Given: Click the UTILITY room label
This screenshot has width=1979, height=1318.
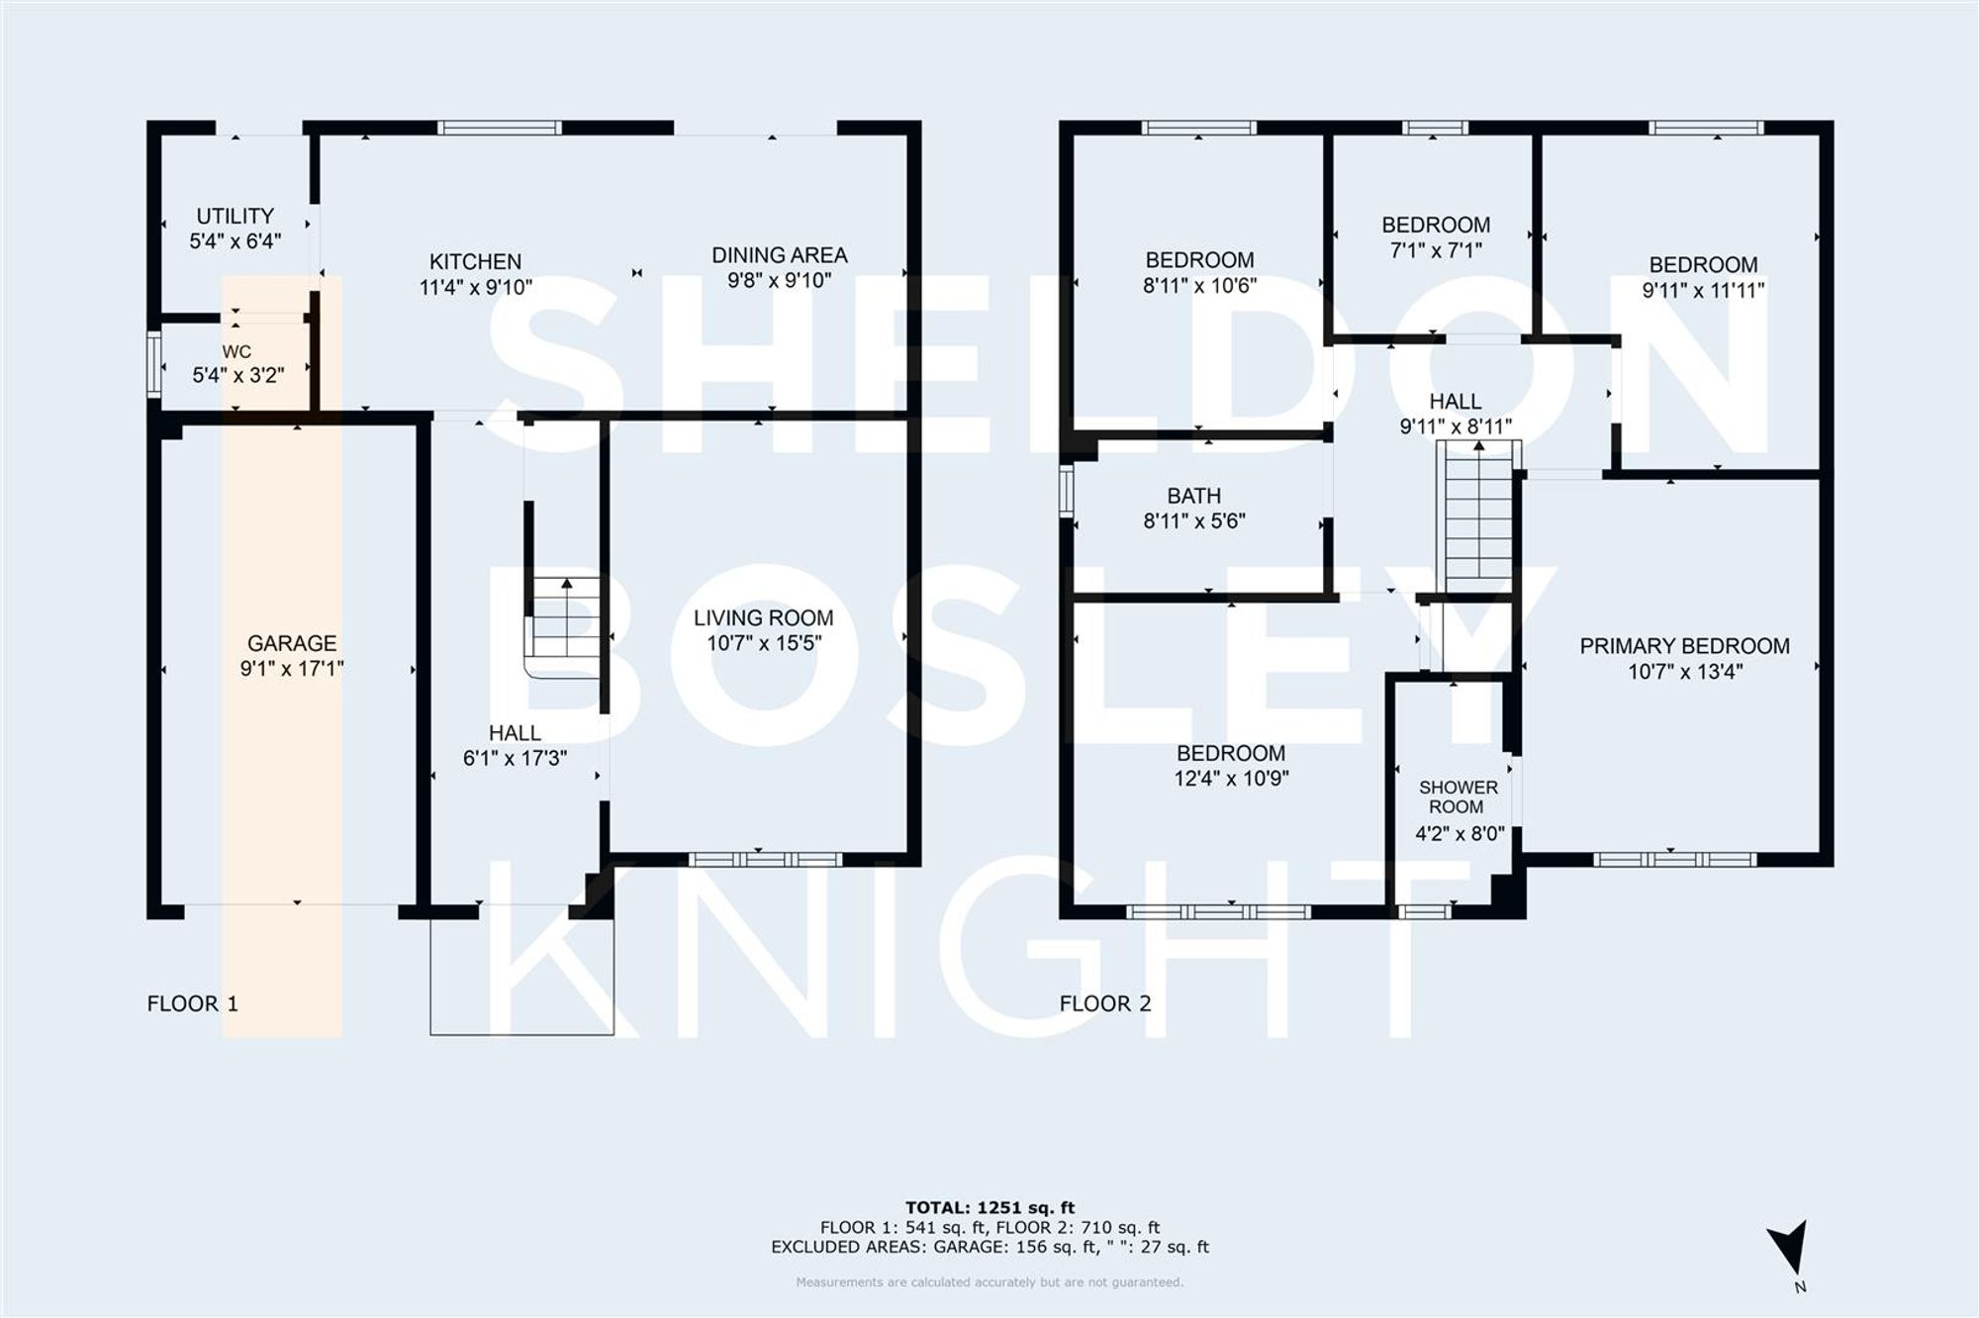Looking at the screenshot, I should (235, 216).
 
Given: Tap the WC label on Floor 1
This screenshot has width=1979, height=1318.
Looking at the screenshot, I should (236, 352).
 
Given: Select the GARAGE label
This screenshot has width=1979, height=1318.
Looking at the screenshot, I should (292, 643).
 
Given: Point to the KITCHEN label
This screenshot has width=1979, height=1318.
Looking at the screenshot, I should (475, 262).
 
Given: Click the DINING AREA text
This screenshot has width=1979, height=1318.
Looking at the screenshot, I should (780, 255).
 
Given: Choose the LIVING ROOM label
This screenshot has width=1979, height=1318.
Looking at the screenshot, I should (763, 618).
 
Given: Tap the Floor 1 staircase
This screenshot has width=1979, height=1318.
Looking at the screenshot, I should (566, 618).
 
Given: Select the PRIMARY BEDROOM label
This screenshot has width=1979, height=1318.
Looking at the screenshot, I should (1684, 646).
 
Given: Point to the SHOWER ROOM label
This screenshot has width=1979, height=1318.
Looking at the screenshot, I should (1458, 797).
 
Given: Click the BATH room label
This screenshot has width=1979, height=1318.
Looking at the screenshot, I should (1193, 496).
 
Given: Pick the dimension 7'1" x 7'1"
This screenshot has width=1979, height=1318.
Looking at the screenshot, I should (1436, 250).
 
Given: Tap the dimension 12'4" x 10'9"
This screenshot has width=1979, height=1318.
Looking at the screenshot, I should (1231, 779).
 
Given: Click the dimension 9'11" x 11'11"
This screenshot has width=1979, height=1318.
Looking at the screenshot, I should (1703, 291).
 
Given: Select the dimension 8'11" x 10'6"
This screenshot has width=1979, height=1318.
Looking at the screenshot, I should (1199, 286).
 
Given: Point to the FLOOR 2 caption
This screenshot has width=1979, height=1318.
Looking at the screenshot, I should (1105, 1003).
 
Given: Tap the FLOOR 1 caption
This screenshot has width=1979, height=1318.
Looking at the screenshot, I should (193, 1003).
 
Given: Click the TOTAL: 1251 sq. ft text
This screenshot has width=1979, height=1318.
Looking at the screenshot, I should (989, 1207).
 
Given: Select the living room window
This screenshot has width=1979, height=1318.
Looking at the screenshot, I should (765, 859).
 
